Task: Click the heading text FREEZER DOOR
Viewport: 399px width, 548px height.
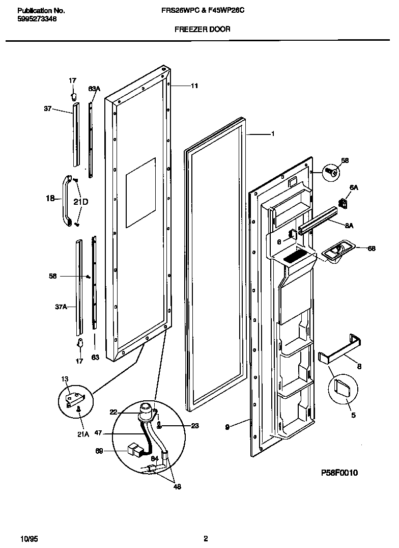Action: (202, 30)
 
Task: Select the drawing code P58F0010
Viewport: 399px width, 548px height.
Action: (339, 473)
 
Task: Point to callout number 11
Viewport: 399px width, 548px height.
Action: (194, 86)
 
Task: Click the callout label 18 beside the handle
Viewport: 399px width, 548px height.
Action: (50, 199)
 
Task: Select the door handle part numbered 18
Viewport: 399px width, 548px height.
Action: (65, 200)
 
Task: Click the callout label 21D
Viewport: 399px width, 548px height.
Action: (80, 202)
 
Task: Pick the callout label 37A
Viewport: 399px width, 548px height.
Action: (61, 307)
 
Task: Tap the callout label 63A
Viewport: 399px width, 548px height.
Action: (94, 89)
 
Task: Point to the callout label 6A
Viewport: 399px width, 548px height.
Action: (354, 187)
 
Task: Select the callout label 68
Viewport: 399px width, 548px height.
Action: (371, 248)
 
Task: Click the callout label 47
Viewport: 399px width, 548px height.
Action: (99, 433)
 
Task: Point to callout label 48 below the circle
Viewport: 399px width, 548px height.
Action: (177, 486)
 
